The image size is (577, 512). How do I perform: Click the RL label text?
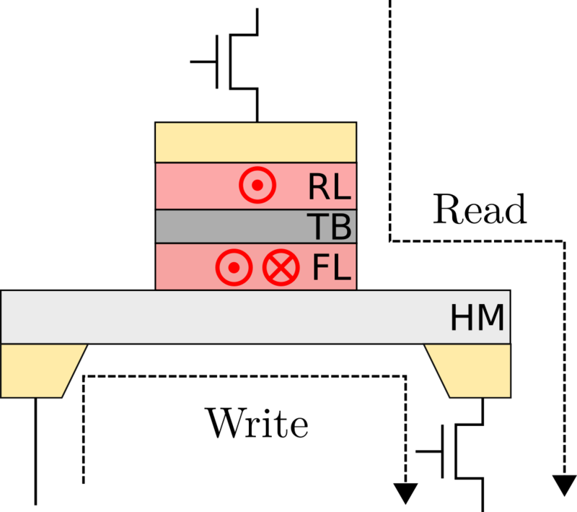(x=329, y=187)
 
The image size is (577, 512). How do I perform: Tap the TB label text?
(x=329, y=227)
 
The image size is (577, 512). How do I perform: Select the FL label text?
(x=331, y=268)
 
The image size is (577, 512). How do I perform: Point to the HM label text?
(x=477, y=318)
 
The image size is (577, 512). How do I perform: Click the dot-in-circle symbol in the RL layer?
(x=257, y=186)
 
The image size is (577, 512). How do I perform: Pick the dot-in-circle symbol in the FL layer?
(x=234, y=268)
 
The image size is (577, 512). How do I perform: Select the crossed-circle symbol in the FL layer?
(x=281, y=268)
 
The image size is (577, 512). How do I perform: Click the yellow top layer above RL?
(x=256, y=142)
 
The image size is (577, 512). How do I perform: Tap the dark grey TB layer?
(x=231, y=227)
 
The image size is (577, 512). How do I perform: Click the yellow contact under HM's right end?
(x=472, y=370)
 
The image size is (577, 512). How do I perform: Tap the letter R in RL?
(x=319, y=187)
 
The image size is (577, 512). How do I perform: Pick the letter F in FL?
(x=321, y=268)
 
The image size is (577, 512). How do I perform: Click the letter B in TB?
(x=340, y=227)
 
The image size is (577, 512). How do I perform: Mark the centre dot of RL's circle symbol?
(x=257, y=186)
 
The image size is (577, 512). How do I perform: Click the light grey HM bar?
(x=216, y=317)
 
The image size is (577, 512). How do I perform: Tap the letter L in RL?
(x=341, y=187)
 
